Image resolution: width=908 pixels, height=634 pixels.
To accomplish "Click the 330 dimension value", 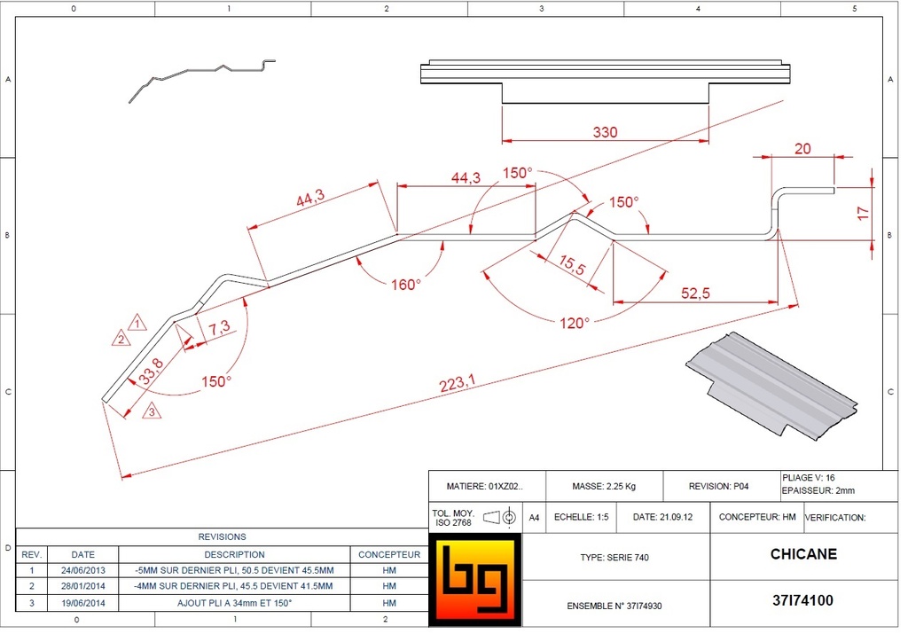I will pyautogui.click(x=605, y=132).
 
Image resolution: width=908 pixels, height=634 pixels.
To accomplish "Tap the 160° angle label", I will pyautogui.click(x=406, y=285).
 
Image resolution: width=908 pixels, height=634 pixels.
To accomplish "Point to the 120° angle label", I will pyautogui.click(x=574, y=324).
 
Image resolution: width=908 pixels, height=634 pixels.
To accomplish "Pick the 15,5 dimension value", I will pyautogui.click(x=572, y=264).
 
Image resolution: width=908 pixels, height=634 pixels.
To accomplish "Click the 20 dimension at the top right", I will pyautogui.click(x=802, y=149).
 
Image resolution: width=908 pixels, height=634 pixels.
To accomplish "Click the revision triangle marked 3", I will pyautogui.click(x=152, y=411).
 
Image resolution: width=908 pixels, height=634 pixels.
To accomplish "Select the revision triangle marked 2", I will pyautogui.click(x=121, y=338).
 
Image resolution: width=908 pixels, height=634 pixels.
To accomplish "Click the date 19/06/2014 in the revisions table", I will pyautogui.click(x=82, y=602).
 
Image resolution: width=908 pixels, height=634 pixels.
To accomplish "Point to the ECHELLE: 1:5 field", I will pyautogui.click(x=581, y=517).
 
